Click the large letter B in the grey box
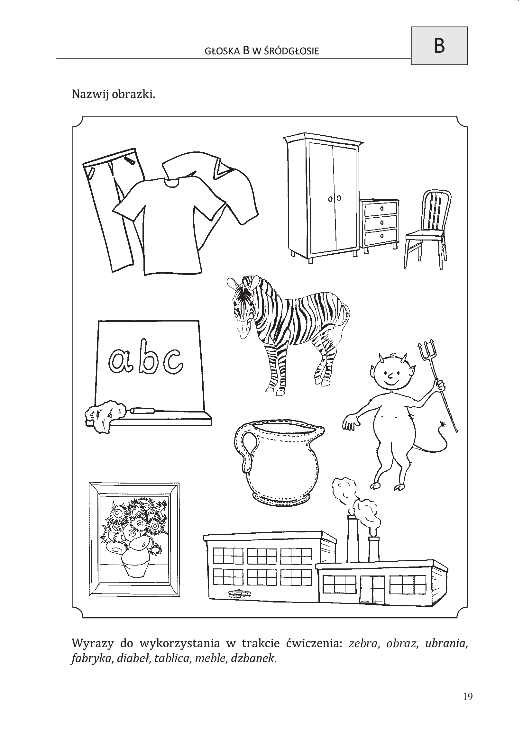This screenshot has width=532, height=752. [x=439, y=46]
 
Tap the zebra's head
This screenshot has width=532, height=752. [x=244, y=306]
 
